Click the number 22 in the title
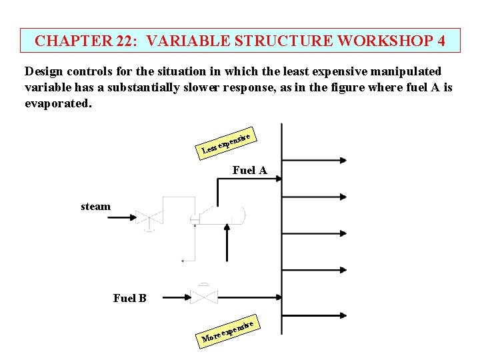126,41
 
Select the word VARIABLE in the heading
186,41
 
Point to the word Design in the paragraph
44,71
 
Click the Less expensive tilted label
227,142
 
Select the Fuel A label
249,171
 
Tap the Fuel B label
129,298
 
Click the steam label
95,207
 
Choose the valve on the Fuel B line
203,297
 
